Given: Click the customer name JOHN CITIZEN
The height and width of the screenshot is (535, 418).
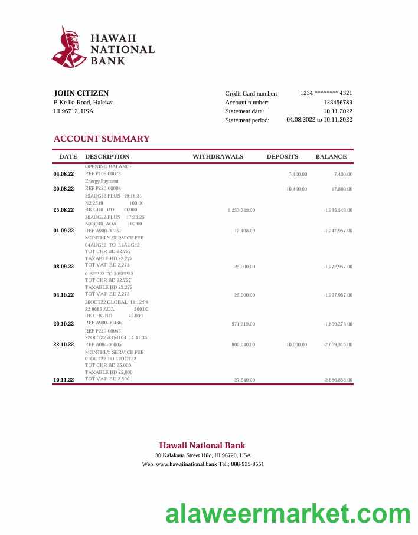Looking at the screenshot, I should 81,93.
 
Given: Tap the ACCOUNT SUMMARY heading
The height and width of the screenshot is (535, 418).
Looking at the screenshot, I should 102,139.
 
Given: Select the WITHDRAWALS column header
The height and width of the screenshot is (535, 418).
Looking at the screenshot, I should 218,157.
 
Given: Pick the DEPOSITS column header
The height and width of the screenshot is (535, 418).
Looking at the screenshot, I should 282,157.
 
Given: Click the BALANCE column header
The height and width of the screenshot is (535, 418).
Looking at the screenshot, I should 331,157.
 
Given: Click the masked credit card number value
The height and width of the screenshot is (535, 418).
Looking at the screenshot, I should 326,93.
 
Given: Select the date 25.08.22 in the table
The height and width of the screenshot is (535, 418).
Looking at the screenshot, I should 64,210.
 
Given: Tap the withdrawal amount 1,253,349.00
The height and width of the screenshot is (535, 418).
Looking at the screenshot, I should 241,210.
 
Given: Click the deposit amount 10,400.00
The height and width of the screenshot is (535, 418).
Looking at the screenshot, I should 296,189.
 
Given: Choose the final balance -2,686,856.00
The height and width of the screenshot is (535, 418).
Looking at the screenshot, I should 338,380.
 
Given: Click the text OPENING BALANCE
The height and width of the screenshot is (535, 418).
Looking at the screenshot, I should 109,166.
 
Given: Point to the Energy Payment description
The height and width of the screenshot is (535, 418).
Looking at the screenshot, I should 102,181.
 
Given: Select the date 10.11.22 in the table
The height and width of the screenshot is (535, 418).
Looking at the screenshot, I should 64,380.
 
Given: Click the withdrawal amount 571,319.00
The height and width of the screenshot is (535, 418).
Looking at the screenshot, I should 243,324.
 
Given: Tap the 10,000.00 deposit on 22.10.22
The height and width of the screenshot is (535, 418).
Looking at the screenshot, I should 296,344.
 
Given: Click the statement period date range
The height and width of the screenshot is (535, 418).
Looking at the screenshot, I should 319,120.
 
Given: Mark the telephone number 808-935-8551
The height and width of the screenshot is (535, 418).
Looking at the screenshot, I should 249,464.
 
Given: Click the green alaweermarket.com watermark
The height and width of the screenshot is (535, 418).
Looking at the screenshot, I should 288,514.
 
